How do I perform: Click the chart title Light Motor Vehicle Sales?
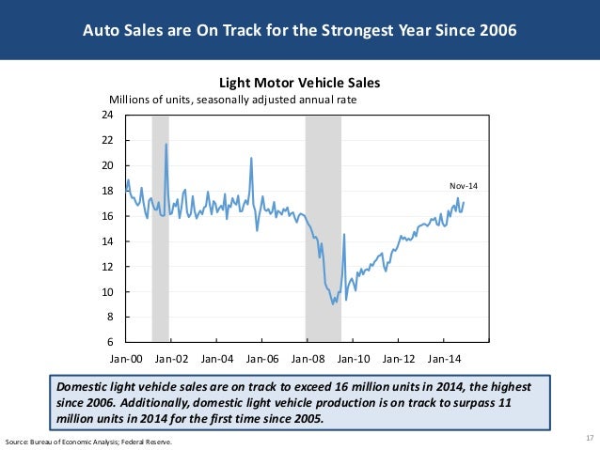pyautogui.click(x=299, y=83)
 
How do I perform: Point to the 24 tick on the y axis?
pyautogui.click(x=106, y=115)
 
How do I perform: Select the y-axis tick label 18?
pyautogui.click(x=106, y=191)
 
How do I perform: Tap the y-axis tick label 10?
pyautogui.click(x=106, y=292)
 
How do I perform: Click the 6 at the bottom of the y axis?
pyautogui.click(x=109, y=342)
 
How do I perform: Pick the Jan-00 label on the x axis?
pyautogui.click(x=126, y=358)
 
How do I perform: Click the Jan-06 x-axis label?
pyautogui.click(x=262, y=358)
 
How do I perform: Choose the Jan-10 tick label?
pyautogui.click(x=354, y=358)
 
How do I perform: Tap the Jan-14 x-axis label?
pyautogui.click(x=445, y=358)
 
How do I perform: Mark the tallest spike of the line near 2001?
pyautogui.click(x=166, y=145)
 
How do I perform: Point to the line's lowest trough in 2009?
pyautogui.click(x=334, y=304)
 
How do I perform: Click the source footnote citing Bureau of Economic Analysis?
pyautogui.click(x=89, y=441)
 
